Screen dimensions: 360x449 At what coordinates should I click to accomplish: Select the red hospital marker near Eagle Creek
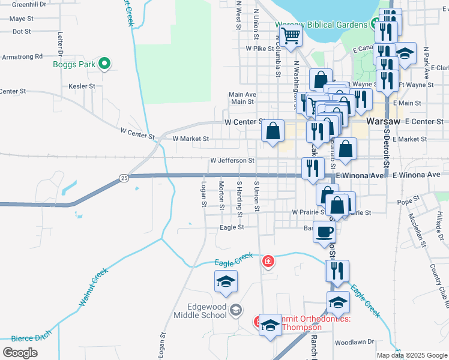click(268, 261)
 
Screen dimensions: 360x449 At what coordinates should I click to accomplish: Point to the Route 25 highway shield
click(124, 178)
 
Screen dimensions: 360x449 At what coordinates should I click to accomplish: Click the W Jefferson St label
click(232, 161)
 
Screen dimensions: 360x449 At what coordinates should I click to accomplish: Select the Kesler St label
click(82, 86)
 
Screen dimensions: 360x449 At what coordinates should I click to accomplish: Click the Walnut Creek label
click(93, 288)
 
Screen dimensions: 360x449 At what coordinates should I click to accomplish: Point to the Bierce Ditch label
click(22, 338)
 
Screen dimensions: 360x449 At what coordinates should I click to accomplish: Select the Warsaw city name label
click(382, 121)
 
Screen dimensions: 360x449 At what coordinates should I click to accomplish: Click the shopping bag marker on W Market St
click(273, 131)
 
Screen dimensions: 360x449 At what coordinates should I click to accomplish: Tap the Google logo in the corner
click(20, 352)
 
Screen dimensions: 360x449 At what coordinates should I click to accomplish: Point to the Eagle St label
click(232, 227)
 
